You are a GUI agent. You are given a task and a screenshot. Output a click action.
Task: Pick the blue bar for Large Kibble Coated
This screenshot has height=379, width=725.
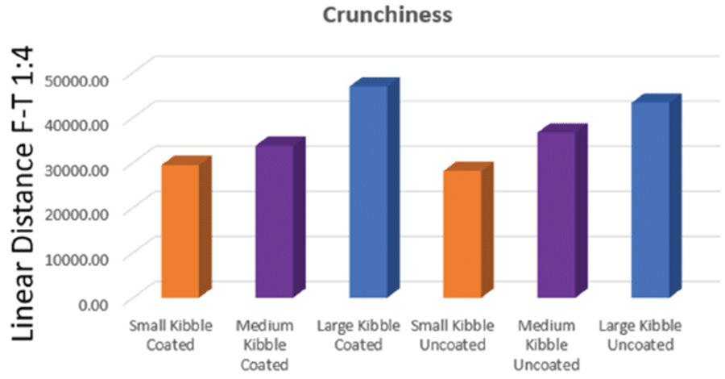[x=368, y=192]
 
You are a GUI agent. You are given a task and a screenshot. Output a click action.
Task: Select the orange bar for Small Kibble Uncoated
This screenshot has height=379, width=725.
[x=462, y=235]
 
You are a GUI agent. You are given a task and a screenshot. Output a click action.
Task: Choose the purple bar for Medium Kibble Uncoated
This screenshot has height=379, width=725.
[x=556, y=214]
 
